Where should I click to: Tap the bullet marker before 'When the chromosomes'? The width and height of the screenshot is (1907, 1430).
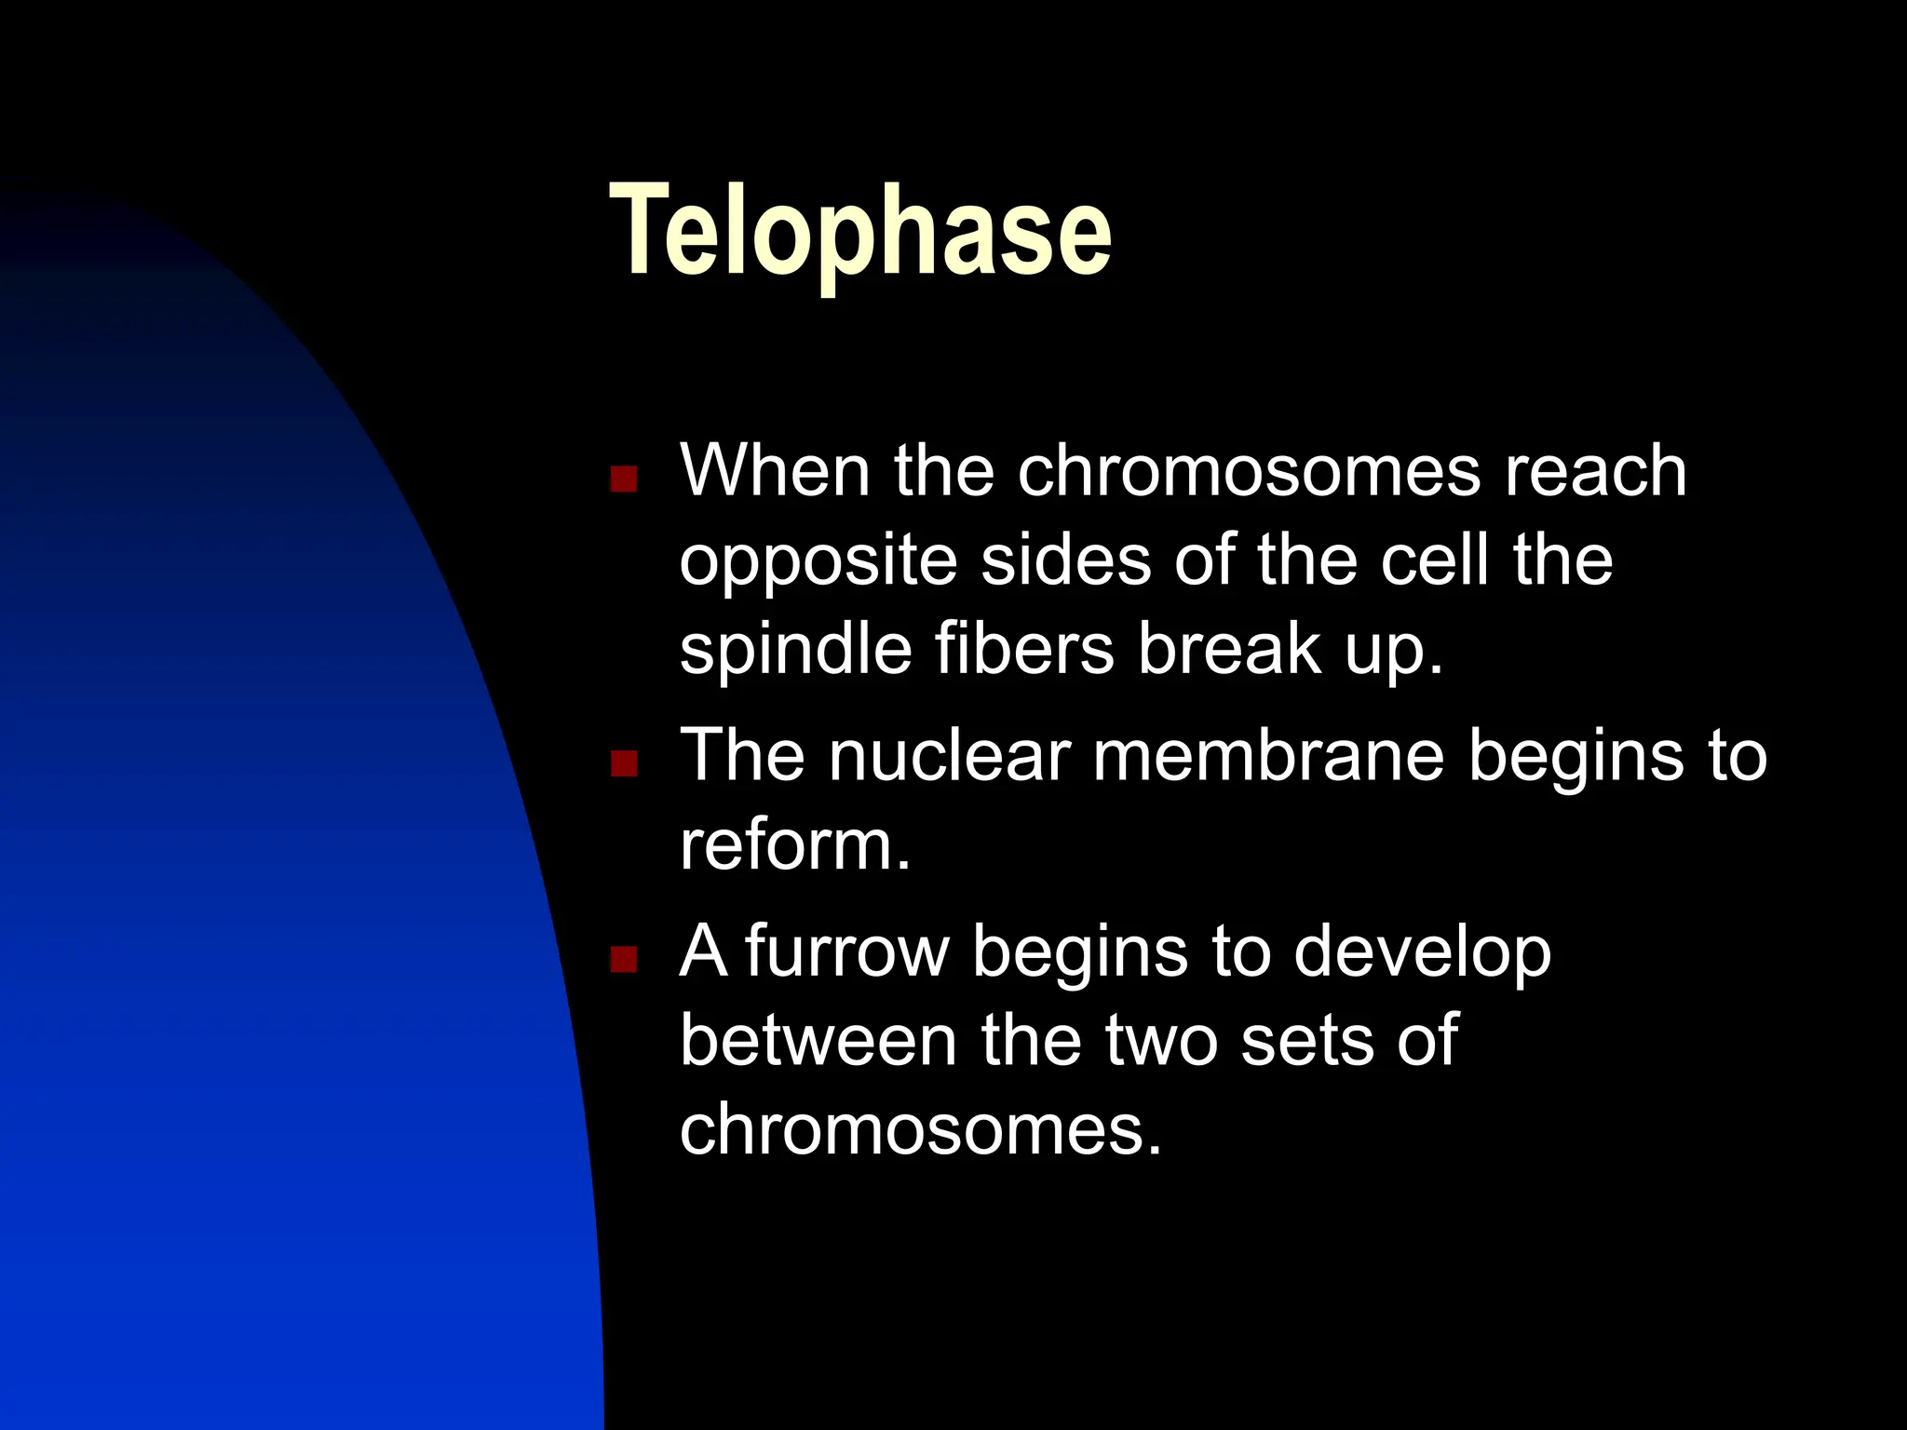pos(623,479)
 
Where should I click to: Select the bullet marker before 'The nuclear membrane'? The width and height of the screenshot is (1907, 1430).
pos(623,764)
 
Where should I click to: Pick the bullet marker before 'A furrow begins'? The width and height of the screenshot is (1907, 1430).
pos(623,959)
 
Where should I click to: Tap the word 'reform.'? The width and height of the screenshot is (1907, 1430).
pos(794,845)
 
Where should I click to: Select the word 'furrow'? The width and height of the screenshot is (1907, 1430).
pos(846,951)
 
